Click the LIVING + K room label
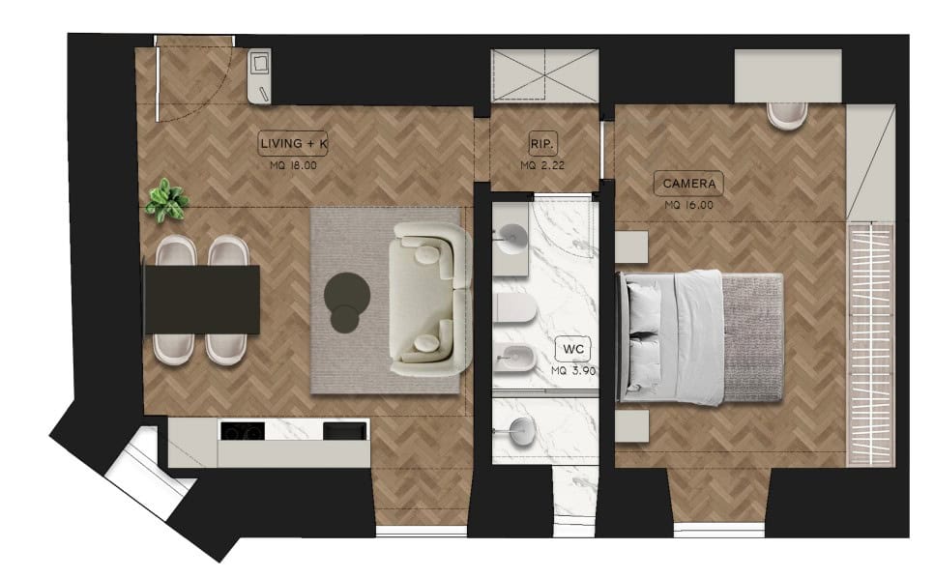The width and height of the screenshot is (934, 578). pyautogui.click(x=293, y=143)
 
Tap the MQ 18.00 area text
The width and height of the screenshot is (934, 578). pyautogui.click(x=293, y=165)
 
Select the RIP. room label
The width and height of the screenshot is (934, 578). pyautogui.click(x=542, y=144)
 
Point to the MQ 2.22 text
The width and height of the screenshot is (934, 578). pyautogui.click(x=542, y=165)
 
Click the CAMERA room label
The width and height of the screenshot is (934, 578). pyautogui.click(x=688, y=184)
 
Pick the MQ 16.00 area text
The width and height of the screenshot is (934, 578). pyautogui.click(x=688, y=205)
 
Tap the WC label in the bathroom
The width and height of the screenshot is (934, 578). pyautogui.click(x=573, y=349)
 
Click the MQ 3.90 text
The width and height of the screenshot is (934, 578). pyautogui.click(x=573, y=370)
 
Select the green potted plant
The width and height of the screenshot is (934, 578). pyautogui.click(x=166, y=201)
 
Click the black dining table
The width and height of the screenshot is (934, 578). pyautogui.click(x=202, y=300)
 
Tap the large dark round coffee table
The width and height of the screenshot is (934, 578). pyautogui.click(x=347, y=294)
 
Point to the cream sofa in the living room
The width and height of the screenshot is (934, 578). pyautogui.click(x=429, y=300)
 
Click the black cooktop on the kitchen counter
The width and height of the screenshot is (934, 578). pyautogui.click(x=243, y=430)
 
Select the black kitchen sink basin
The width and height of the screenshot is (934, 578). pyautogui.click(x=345, y=430)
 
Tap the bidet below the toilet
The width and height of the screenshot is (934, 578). pyautogui.click(x=514, y=359)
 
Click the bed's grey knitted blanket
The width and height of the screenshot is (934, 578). pyautogui.click(x=751, y=337)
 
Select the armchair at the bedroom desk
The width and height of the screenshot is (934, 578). pyautogui.click(x=787, y=115)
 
